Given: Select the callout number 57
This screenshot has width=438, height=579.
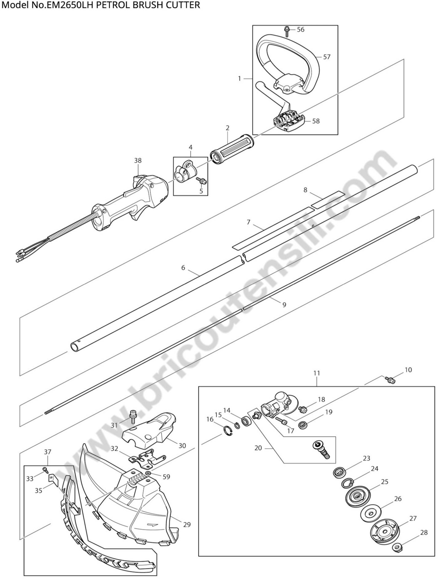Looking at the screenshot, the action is (x=327, y=57).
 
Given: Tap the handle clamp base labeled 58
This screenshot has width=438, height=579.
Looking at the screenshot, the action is (x=288, y=121).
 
